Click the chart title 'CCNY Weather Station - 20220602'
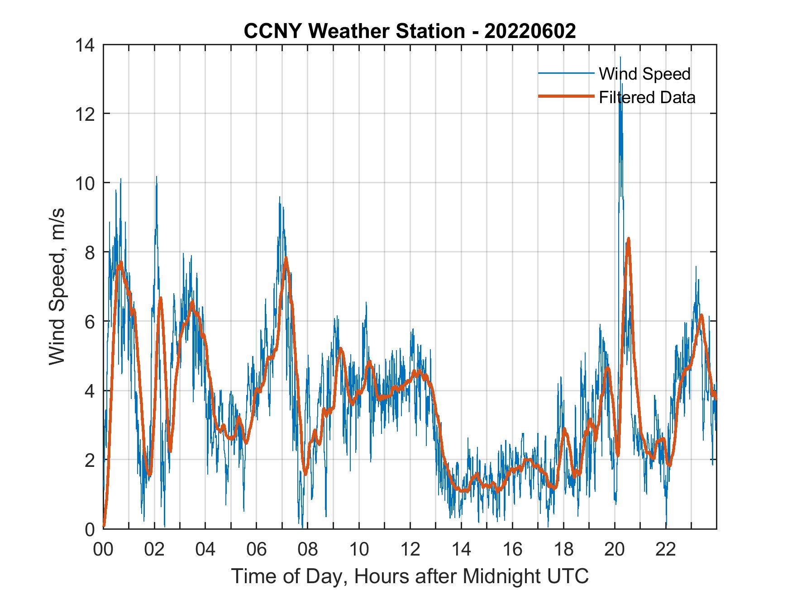point(410,31)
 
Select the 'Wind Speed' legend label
point(644,74)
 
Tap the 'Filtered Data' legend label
point(647,97)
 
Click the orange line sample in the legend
point(566,96)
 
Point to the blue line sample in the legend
point(566,73)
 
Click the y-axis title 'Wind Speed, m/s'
point(57,287)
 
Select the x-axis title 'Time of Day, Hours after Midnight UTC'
point(410,576)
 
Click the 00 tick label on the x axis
point(103,550)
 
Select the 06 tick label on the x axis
point(257,550)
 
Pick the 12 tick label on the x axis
point(410,550)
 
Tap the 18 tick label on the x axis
point(563,550)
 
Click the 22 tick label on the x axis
point(666,550)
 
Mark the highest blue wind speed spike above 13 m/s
point(620,57)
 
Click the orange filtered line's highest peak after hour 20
point(628,239)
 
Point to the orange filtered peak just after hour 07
point(286,258)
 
